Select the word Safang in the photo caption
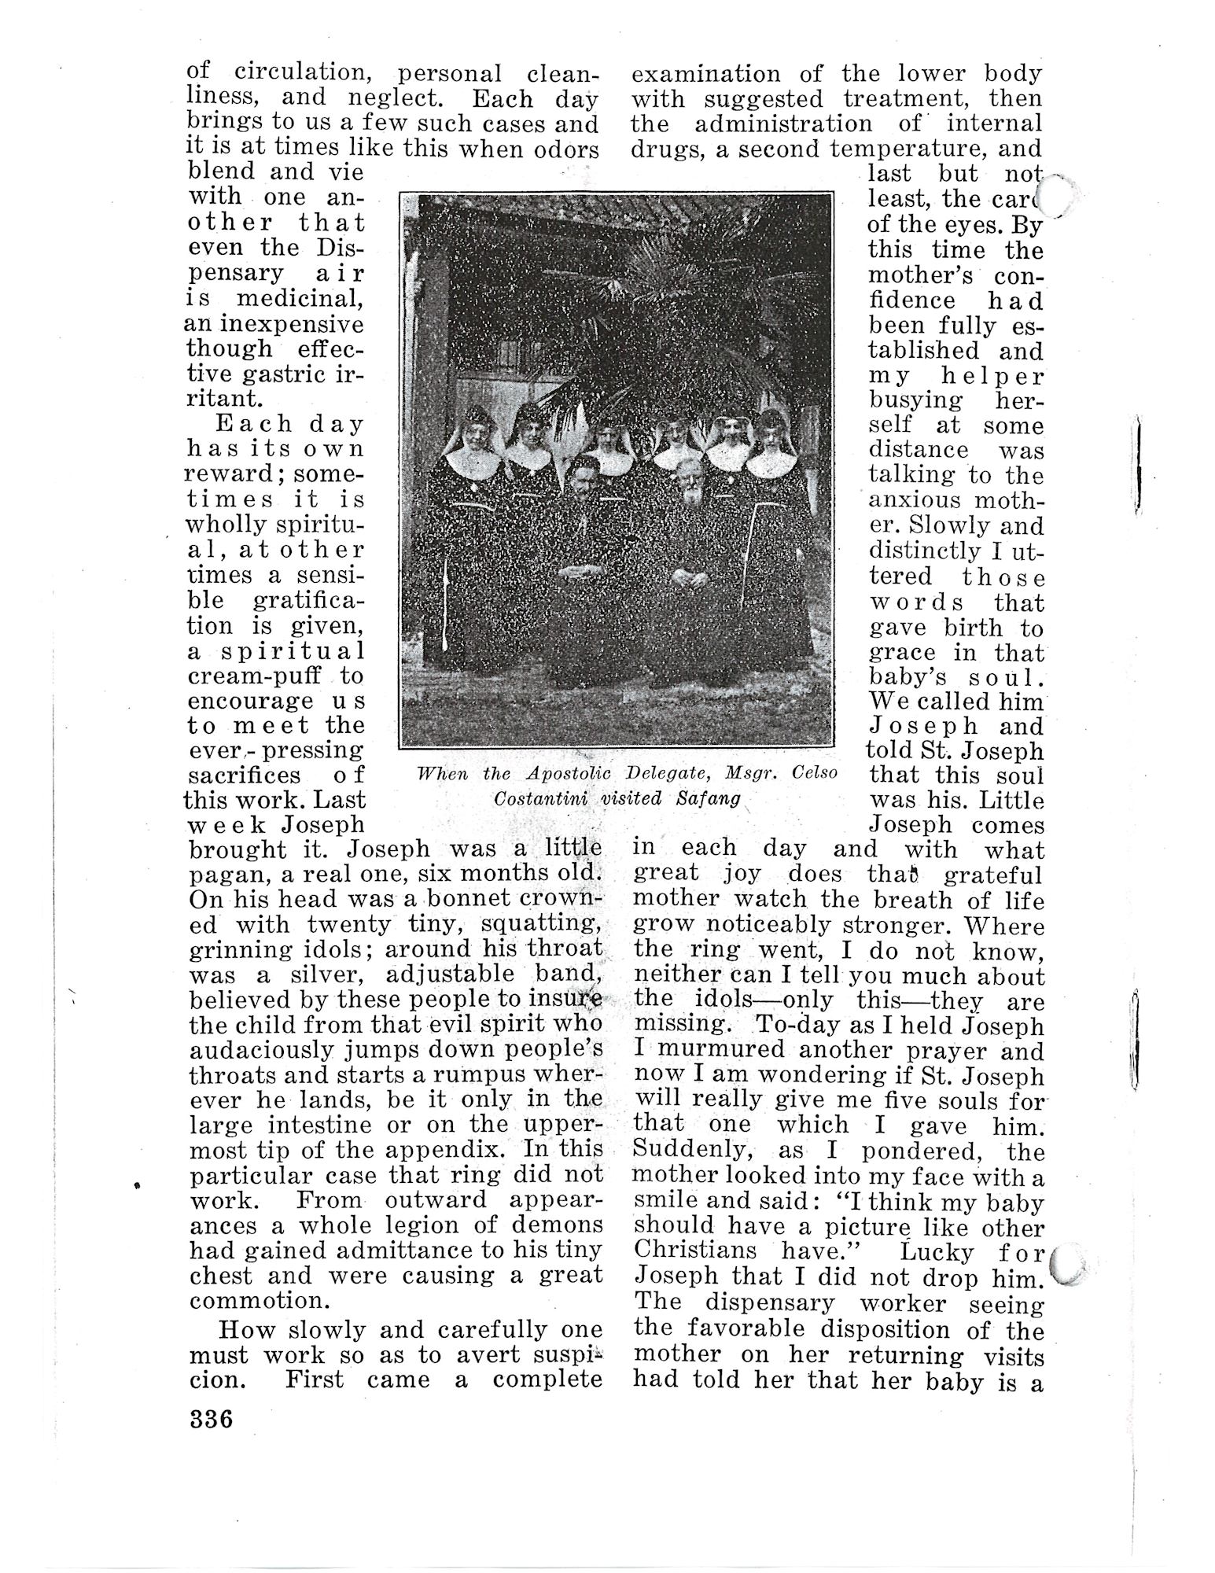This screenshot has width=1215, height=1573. [708, 798]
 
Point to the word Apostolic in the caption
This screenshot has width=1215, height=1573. [569, 773]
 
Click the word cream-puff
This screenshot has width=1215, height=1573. [252, 676]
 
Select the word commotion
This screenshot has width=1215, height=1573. [251, 1299]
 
